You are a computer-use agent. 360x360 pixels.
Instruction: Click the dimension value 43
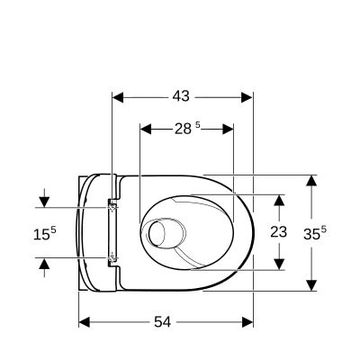pyautogui.click(x=180, y=94)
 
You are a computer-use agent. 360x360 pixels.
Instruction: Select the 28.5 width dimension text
pyautogui.click(x=185, y=128)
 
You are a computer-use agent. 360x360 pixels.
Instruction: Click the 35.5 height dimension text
pyautogui.click(x=315, y=232)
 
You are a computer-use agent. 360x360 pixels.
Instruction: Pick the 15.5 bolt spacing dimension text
pyautogui.click(x=44, y=232)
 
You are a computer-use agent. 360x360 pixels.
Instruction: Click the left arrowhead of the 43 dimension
pyautogui.click(x=116, y=94)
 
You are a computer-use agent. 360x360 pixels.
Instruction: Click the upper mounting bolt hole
pyautogui.click(x=112, y=206)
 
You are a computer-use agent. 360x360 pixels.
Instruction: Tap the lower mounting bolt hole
pyautogui.click(x=112, y=258)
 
